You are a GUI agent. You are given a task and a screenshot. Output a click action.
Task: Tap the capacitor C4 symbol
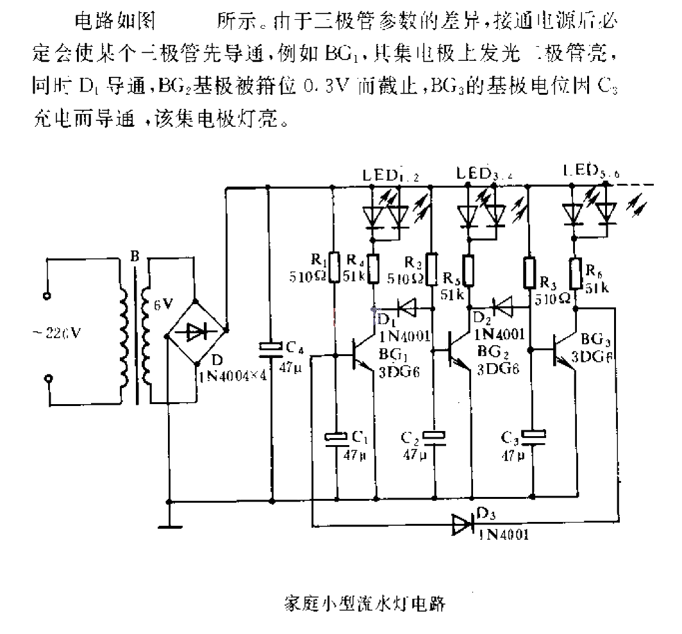tap(269, 347)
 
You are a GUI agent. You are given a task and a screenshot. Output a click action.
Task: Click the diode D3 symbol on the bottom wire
tap(463, 524)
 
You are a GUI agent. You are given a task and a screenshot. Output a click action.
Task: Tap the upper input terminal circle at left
tap(47, 296)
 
